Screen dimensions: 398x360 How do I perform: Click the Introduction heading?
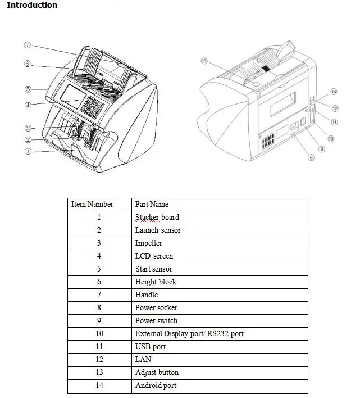[x=31, y=6]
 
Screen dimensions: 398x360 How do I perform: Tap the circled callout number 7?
[x=28, y=45]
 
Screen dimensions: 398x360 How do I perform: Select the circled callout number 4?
[x=28, y=105]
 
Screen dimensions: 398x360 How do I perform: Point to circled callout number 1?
[x=28, y=152]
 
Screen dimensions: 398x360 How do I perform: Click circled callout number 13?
[x=204, y=60]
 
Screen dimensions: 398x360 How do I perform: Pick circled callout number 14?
[x=334, y=91]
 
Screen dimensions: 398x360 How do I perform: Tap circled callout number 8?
[x=311, y=158]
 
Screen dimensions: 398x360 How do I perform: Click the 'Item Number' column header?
[x=93, y=205]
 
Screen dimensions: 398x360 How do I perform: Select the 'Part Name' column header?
[x=152, y=205]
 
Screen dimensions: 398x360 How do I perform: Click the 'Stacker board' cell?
[x=157, y=218]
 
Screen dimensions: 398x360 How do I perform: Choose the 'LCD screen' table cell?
[x=154, y=256]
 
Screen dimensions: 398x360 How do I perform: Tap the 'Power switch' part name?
[x=156, y=321]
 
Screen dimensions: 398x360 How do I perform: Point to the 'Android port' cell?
[x=156, y=386]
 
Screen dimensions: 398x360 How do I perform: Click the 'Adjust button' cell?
[x=157, y=373]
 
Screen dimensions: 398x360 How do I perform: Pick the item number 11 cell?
[x=99, y=347]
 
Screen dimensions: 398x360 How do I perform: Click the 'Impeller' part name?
[x=149, y=243]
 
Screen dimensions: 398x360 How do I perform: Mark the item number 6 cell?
[x=99, y=282]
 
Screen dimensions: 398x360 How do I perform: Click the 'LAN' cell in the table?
[x=143, y=360]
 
